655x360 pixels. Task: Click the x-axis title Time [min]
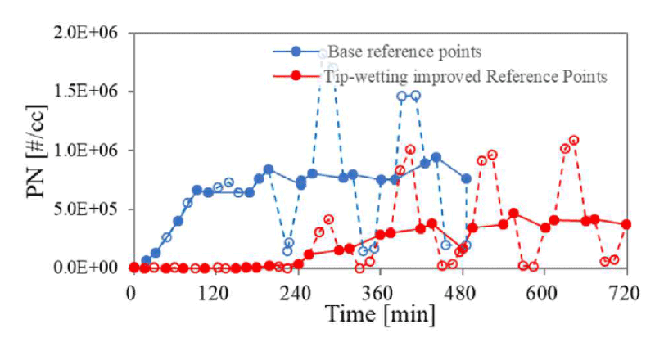click(x=379, y=315)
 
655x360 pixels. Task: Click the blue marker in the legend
click(x=296, y=52)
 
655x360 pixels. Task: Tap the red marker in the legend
click(x=296, y=76)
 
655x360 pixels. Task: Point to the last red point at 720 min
click(x=626, y=224)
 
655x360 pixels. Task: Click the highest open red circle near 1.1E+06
click(x=574, y=140)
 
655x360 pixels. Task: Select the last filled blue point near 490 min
click(x=466, y=178)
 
